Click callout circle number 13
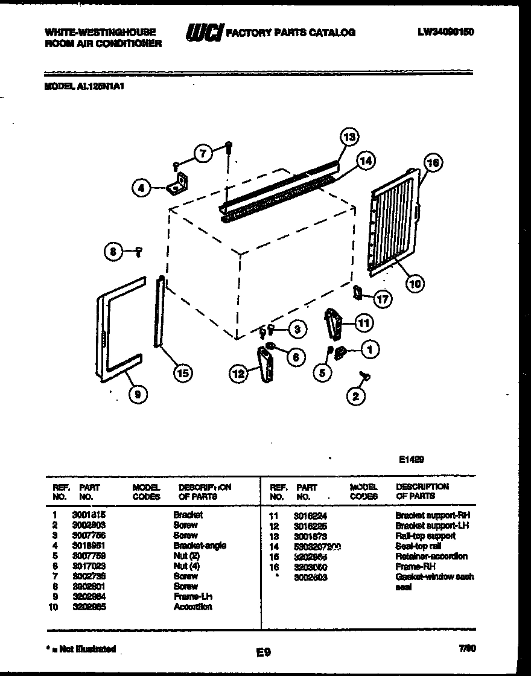348,137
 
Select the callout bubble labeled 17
381,298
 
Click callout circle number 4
141,188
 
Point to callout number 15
182,374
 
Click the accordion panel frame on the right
395,220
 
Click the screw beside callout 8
139,252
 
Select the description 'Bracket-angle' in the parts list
200,546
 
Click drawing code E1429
412,459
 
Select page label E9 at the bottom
263,652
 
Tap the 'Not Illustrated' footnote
81,649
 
